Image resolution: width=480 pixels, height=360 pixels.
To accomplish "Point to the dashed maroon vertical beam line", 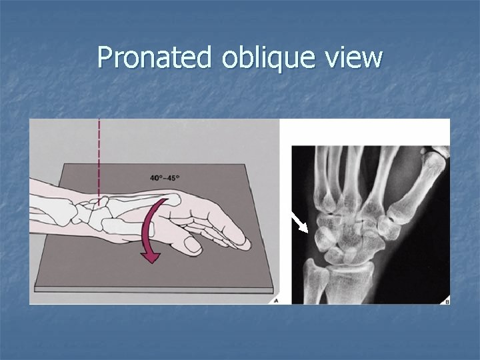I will [x=99, y=160].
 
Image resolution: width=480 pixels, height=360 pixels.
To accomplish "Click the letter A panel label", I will [x=275, y=301].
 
